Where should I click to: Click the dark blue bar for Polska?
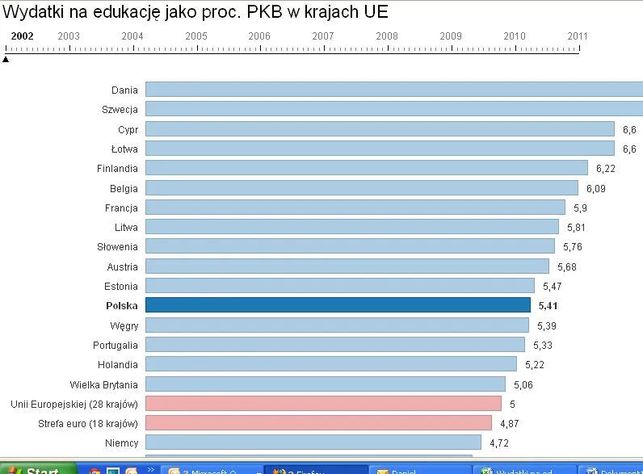(x=338, y=305)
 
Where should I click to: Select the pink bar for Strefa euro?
(x=318, y=423)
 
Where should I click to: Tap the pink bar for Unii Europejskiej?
(x=323, y=403)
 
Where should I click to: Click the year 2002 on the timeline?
(x=22, y=36)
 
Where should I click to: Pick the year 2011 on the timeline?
(x=578, y=36)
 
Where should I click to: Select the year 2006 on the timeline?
(x=259, y=36)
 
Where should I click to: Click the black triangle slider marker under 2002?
(x=6, y=58)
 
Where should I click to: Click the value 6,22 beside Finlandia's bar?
(x=605, y=169)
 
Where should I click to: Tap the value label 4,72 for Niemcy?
(x=499, y=443)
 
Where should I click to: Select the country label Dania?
(x=124, y=90)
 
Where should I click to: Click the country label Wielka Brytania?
(x=104, y=384)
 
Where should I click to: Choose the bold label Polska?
(x=122, y=306)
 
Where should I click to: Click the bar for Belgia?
(x=361, y=188)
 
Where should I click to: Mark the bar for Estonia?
(x=339, y=286)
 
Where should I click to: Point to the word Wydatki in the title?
(x=34, y=12)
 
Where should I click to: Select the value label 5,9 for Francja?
(x=580, y=208)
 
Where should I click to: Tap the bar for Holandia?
(x=330, y=364)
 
